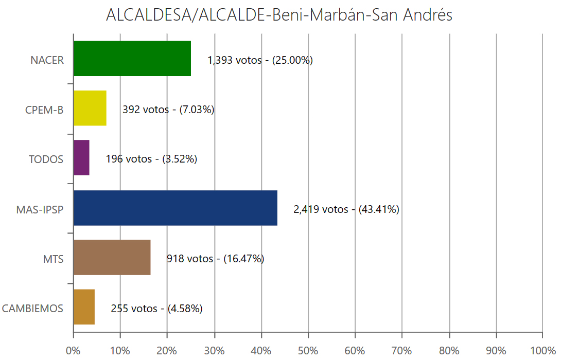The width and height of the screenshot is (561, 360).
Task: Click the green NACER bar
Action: tap(132, 59)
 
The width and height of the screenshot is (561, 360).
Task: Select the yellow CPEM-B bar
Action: tap(90, 109)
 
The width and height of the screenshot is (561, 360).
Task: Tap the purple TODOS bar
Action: tap(81, 158)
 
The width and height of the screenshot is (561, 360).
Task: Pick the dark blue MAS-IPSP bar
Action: tap(176, 208)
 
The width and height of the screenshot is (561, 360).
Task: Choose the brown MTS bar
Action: tap(112, 257)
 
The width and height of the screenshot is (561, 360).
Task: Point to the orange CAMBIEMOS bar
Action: tap(84, 307)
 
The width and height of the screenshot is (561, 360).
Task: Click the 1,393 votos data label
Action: tap(260, 60)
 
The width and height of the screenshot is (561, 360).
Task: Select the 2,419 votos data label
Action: tap(346, 209)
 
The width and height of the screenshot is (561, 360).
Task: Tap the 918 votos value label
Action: tap(215, 259)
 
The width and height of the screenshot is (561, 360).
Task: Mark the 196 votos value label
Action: tap(151, 159)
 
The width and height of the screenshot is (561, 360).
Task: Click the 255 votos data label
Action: tap(156, 309)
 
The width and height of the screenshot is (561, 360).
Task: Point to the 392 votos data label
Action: tap(168, 110)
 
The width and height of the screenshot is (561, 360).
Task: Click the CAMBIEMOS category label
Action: tap(33, 309)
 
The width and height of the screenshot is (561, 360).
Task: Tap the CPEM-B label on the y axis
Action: tap(44, 110)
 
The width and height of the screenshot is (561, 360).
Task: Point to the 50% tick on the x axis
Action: tap(308, 351)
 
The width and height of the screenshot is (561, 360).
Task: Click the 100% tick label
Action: tap(542, 351)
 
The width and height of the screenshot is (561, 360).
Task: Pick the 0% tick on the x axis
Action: tap(74, 351)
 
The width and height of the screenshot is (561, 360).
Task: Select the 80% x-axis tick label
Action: tap(449, 351)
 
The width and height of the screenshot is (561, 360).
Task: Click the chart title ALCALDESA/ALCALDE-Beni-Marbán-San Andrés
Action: tap(279, 15)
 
